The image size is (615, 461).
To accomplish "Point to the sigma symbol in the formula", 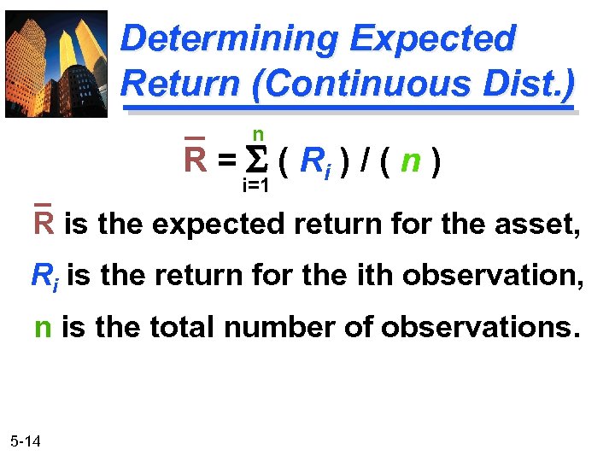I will tap(256, 160).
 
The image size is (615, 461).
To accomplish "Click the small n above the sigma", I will tap(257, 134).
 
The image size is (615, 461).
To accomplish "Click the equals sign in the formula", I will tap(225, 160).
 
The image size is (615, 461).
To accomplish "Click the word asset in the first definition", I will tap(537, 225).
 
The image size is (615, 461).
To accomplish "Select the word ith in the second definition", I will tap(375, 276).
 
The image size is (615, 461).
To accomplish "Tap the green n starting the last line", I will tap(43, 329).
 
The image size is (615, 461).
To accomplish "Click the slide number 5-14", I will tap(30, 441).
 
